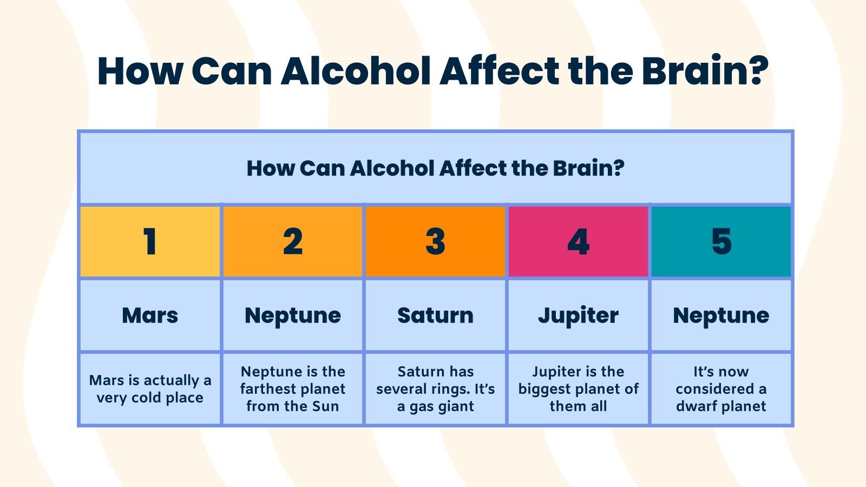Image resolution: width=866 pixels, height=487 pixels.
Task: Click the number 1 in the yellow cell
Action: pos(150,241)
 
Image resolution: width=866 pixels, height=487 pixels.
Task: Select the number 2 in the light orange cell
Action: pos(293,241)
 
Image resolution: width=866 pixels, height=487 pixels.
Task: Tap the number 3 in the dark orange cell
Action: pos(436,241)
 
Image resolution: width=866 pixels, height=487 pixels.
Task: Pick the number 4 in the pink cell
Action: pos(578,241)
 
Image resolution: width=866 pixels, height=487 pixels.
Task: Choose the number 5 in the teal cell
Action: pos(721,241)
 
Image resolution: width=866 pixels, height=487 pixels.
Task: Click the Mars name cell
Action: pos(150,315)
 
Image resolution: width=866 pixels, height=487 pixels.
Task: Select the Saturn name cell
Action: pos(436,315)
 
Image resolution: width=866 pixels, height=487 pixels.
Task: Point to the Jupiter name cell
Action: pos(578,315)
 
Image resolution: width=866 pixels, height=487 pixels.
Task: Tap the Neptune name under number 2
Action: pos(293,315)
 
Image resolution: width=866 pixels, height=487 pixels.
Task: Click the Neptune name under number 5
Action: pos(721,315)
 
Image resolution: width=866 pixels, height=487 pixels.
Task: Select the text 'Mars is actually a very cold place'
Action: pos(150,389)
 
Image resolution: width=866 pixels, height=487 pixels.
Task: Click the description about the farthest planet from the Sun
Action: pos(293,389)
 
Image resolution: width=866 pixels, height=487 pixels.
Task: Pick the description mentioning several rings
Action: pos(436,389)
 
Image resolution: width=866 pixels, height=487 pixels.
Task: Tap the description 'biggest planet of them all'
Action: pos(578,389)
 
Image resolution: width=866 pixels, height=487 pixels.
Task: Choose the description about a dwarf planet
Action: pos(721,389)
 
